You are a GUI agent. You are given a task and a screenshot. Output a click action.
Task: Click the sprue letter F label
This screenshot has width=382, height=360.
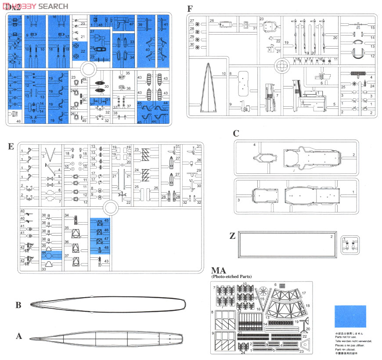point(190,9)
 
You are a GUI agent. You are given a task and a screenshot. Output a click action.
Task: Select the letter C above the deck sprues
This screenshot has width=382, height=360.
point(236,133)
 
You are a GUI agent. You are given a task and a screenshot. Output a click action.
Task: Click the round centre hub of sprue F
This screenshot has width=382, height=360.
point(281,67)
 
